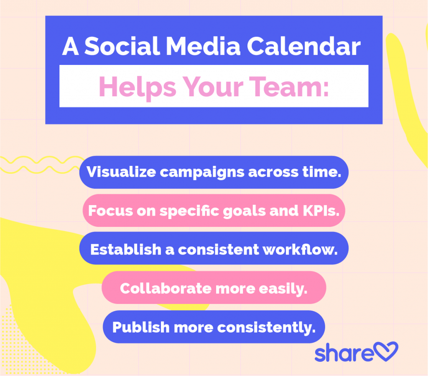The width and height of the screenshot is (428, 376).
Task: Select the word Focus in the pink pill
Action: [109, 211]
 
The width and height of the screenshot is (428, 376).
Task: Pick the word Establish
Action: [120, 250]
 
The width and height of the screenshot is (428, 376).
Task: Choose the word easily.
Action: [284, 288]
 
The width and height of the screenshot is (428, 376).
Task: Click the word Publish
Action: [137, 327]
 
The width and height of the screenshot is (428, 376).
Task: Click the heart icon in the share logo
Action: [386, 352]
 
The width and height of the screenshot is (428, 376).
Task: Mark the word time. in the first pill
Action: [321, 172]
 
